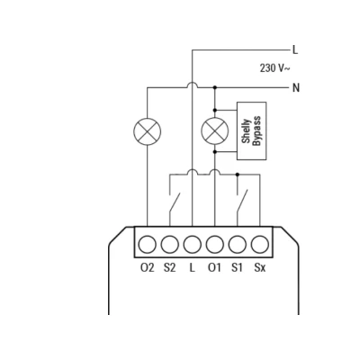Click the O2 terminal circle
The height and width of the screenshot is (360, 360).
tap(147, 245)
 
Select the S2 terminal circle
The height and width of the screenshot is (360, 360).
tap(169, 245)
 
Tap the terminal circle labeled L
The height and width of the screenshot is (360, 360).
tap(192, 245)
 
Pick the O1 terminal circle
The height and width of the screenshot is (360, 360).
tap(214, 245)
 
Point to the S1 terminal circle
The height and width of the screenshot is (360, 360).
tap(238, 245)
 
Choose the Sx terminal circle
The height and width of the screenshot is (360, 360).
tap(260, 245)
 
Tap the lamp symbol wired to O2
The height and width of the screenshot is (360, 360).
tap(147, 131)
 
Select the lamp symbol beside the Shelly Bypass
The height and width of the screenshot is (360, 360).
tap(215, 131)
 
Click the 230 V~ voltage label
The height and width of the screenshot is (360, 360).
tap(274, 68)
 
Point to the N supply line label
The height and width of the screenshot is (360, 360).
tap(296, 88)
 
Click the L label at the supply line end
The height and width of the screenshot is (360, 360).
tap(295, 50)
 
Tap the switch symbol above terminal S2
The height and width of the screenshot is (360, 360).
tap(174, 202)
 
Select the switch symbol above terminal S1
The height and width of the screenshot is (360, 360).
tap(242, 202)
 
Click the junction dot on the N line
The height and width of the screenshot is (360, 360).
tap(215, 87)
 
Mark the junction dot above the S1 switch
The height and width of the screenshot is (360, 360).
tap(238, 174)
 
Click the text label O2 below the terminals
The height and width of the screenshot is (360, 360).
tap(147, 267)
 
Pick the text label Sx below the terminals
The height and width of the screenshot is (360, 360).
tap(260, 267)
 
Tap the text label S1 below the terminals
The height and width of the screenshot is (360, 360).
tap(237, 267)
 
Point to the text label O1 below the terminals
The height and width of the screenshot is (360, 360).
tap(214, 267)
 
